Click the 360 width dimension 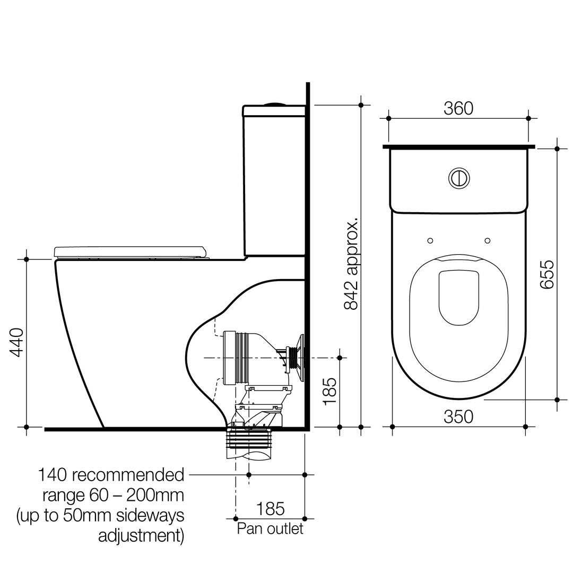(458, 108)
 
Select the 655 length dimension (546, 274)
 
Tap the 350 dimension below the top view (458, 416)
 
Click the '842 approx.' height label (351, 263)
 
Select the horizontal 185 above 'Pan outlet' (271, 509)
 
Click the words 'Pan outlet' (270, 528)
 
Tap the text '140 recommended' (110, 474)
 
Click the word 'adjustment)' (141, 535)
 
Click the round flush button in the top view (459, 178)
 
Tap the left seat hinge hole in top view (430, 240)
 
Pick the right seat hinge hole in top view (488, 240)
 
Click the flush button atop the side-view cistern (274, 103)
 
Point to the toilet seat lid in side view (129, 251)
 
